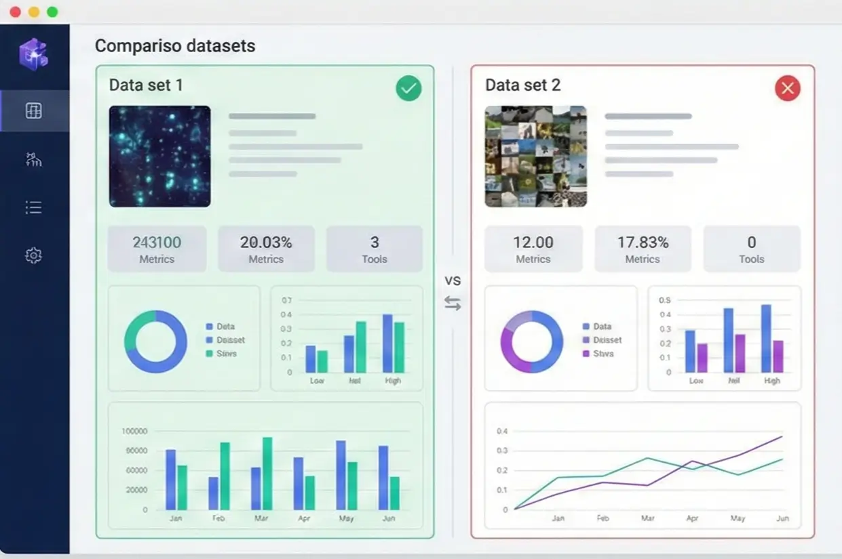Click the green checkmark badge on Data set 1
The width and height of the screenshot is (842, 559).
coord(408,88)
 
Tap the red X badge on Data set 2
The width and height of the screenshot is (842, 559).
coord(787,88)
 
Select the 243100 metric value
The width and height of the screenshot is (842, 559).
coord(157,243)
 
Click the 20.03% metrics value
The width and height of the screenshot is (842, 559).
coord(266,243)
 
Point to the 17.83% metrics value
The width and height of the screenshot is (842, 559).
coord(642,243)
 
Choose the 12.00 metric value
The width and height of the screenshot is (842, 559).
coord(533,243)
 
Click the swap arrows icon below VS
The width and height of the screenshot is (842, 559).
coord(453,304)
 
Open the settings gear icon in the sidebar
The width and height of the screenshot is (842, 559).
coord(33,255)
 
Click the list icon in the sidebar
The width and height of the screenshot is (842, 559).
coord(33,207)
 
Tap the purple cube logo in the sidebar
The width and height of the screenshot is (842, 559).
coord(33,54)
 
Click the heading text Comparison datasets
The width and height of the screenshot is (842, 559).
coord(175,46)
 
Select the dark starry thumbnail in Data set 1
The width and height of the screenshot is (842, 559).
coord(159,156)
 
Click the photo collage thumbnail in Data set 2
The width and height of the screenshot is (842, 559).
coord(535,156)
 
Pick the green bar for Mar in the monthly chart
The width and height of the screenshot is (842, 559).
coord(267,473)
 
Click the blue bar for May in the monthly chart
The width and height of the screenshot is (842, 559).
coord(341,474)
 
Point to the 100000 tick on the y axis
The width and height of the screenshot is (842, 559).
coord(134,431)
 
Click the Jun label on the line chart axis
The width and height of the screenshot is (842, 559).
coord(782,518)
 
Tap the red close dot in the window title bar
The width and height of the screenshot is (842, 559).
coord(15,12)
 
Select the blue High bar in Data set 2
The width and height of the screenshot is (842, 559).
coord(766,338)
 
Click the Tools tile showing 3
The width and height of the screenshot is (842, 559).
coord(374,249)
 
